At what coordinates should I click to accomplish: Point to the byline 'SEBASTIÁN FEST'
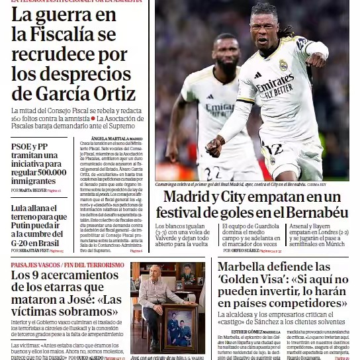pos(34,251)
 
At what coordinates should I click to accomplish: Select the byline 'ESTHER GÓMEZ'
pos(246,332)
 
